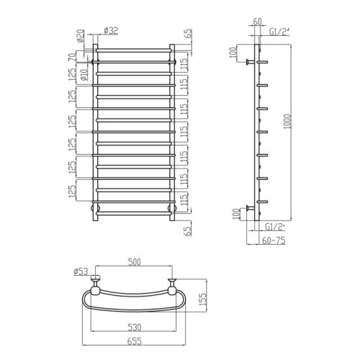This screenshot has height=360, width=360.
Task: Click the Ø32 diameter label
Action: coord(112,30)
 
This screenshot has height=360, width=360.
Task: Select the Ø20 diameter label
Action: coord(80,35)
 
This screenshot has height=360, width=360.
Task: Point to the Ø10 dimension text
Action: coord(84,71)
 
